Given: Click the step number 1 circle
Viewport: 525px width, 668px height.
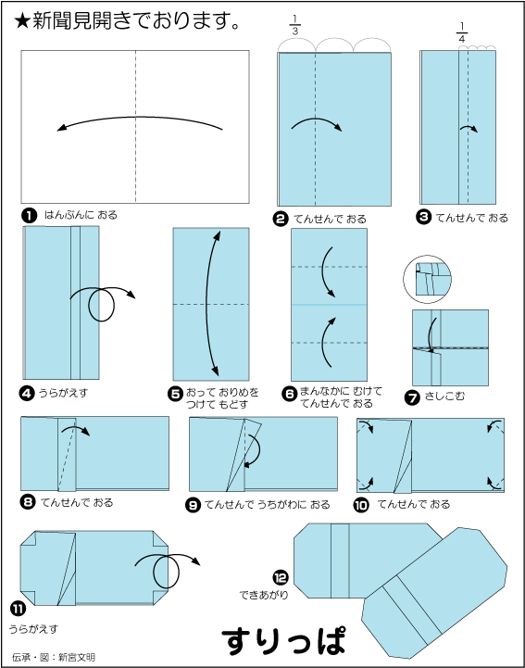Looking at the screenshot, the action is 30,216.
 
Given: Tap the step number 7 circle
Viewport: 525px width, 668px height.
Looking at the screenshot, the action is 412,397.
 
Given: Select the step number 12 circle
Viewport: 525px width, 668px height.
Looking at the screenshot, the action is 281,578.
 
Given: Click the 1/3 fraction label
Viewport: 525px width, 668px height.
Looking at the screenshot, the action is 295,25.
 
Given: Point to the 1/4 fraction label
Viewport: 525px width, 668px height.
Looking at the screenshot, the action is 461,32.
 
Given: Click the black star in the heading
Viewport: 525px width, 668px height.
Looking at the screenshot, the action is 21,21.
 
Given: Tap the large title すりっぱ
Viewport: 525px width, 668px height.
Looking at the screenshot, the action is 283,640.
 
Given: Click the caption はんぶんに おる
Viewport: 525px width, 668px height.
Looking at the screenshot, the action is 81,215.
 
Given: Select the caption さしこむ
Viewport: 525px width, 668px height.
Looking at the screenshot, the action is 444,397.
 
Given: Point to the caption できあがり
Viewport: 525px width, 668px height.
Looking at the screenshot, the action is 264,595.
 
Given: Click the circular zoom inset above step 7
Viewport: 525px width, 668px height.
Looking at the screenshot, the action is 427,279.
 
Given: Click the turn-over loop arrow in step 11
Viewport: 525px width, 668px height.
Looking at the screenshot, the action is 168,571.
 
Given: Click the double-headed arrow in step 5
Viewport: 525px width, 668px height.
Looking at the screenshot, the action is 206,303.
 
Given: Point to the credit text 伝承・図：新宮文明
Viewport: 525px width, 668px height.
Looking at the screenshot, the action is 54,657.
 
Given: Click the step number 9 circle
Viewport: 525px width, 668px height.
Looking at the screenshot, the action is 193,505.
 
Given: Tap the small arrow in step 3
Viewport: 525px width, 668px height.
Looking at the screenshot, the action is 469,128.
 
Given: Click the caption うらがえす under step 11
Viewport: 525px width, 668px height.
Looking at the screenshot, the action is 33,629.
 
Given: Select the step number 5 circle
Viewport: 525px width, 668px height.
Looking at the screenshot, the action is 175,394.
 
